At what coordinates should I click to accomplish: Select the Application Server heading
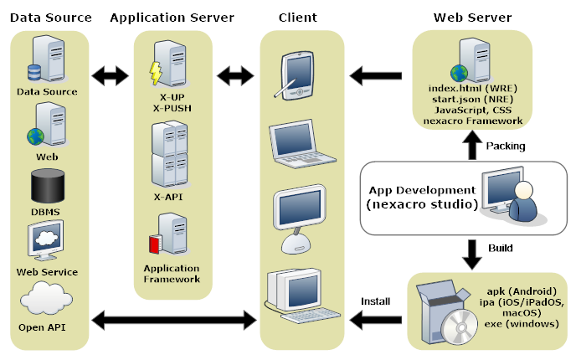click(x=172, y=17)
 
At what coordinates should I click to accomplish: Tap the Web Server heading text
click(x=472, y=17)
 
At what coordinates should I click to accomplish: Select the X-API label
click(x=167, y=197)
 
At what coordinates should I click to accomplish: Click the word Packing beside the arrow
click(x=506, y=146)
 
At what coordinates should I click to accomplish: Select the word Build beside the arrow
click(x=501, y=249)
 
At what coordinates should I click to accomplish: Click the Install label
click(x=376, y=300)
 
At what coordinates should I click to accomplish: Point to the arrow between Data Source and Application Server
click(x=110, y=76)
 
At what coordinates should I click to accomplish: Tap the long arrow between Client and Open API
click(x=173, y=319)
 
